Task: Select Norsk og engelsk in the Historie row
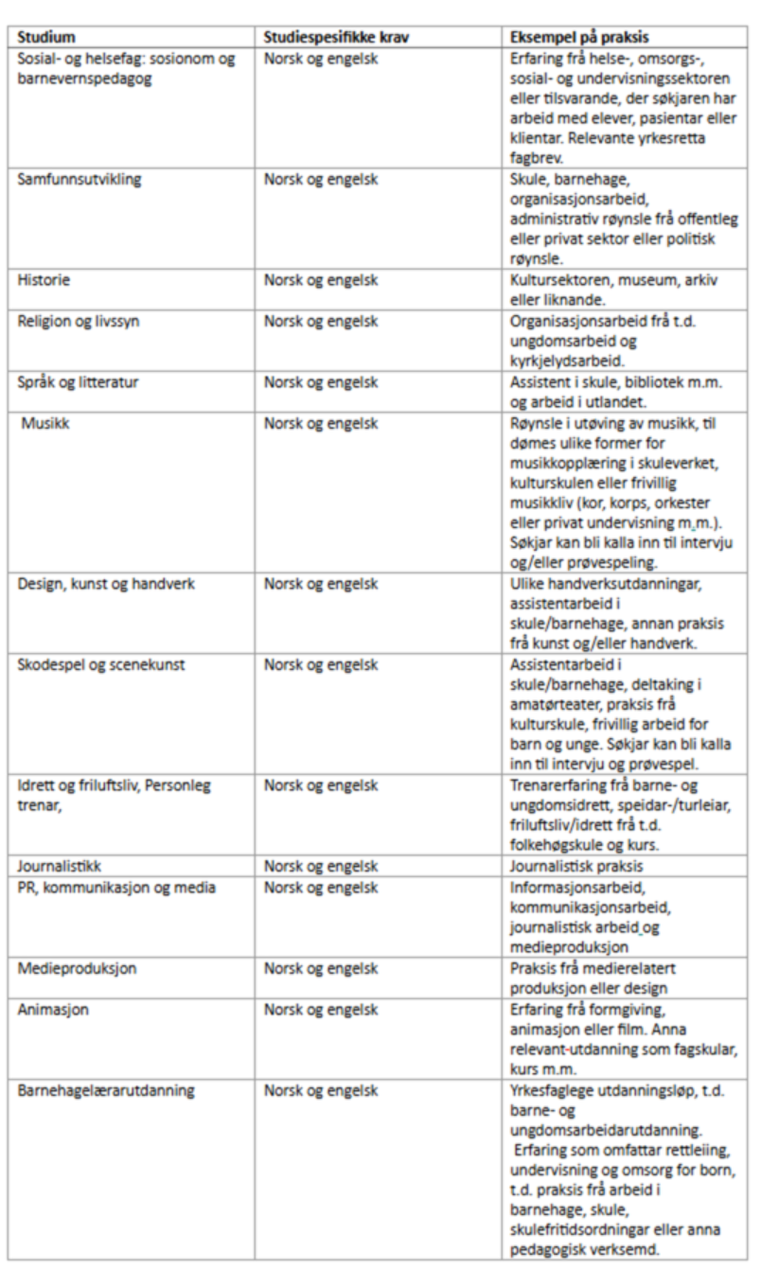pos(321,280)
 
